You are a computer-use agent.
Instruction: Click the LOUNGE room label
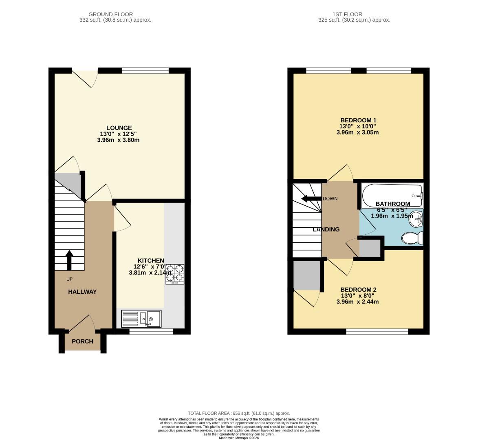119,128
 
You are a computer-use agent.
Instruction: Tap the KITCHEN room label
151,261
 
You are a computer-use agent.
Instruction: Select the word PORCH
82,341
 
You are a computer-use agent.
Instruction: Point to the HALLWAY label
82,292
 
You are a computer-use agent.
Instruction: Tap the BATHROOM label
393,204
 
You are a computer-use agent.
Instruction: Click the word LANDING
326,229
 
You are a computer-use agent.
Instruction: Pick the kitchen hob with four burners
175,274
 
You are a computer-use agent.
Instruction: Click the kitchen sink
141,319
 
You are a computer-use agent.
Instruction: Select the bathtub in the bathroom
392,195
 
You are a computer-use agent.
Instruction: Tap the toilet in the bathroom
412,238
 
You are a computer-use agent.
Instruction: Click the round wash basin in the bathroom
416,219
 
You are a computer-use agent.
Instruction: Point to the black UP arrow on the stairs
69,260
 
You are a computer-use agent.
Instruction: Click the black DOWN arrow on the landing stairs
311,199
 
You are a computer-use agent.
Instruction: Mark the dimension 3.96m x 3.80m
118,140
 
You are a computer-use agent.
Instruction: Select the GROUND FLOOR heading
111,14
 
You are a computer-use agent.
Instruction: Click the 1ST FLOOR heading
347,14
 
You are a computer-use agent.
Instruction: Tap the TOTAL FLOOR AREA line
239,414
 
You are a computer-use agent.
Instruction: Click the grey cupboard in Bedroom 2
306,275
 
